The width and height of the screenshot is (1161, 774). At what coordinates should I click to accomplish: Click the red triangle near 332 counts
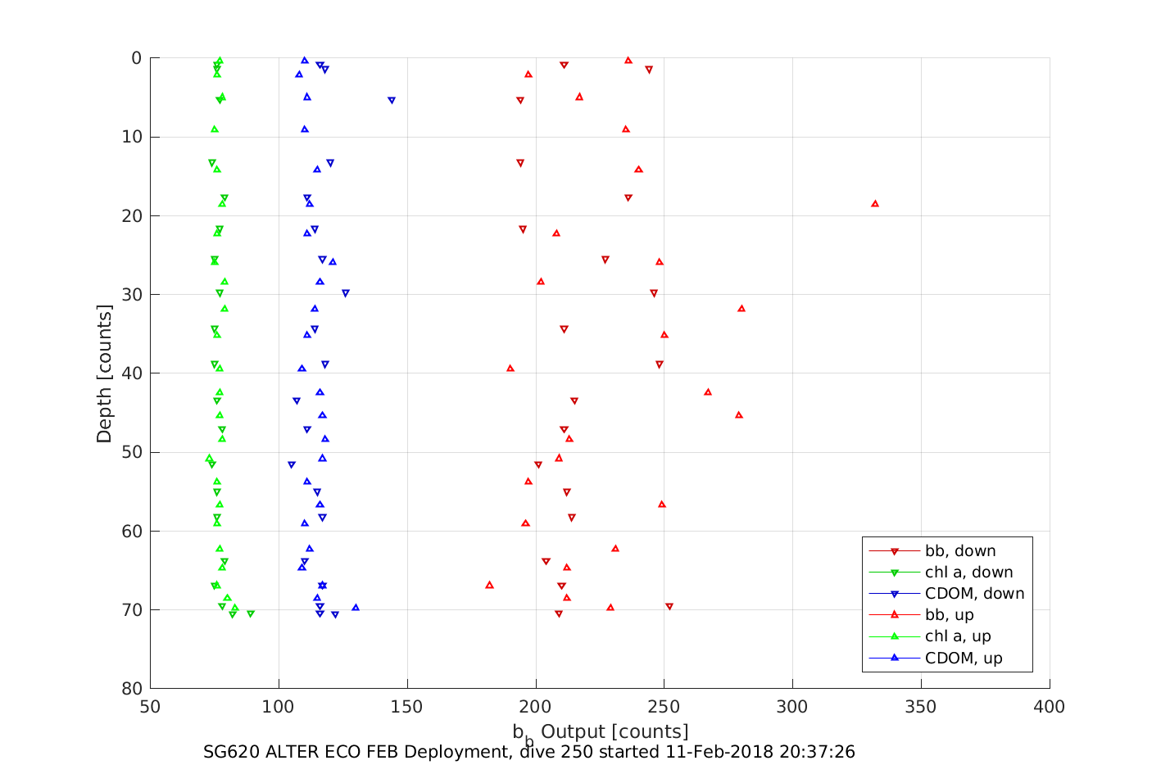874,203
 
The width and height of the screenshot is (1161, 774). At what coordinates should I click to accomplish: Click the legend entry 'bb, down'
960,551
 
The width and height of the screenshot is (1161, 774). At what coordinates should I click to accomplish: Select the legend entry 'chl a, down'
968,573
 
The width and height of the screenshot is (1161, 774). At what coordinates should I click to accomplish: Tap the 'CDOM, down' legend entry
974,594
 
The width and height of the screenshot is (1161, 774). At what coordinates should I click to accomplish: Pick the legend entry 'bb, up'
949,615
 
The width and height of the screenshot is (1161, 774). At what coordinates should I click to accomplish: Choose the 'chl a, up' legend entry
957,636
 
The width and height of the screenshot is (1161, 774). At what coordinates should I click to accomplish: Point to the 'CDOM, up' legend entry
963,658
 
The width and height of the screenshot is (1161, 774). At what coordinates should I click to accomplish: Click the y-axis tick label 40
131,373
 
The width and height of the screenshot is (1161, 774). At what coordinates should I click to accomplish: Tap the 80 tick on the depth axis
131,689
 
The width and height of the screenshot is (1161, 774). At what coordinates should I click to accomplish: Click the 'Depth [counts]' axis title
104,373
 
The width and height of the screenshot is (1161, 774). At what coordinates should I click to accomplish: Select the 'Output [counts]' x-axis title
615,731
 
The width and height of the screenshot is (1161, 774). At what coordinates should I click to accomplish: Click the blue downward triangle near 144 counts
392,101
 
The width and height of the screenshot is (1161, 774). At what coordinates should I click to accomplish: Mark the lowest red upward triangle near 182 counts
489,585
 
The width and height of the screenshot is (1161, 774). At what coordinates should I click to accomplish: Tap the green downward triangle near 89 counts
251,613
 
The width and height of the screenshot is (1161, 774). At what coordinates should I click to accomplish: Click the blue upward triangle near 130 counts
356,607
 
